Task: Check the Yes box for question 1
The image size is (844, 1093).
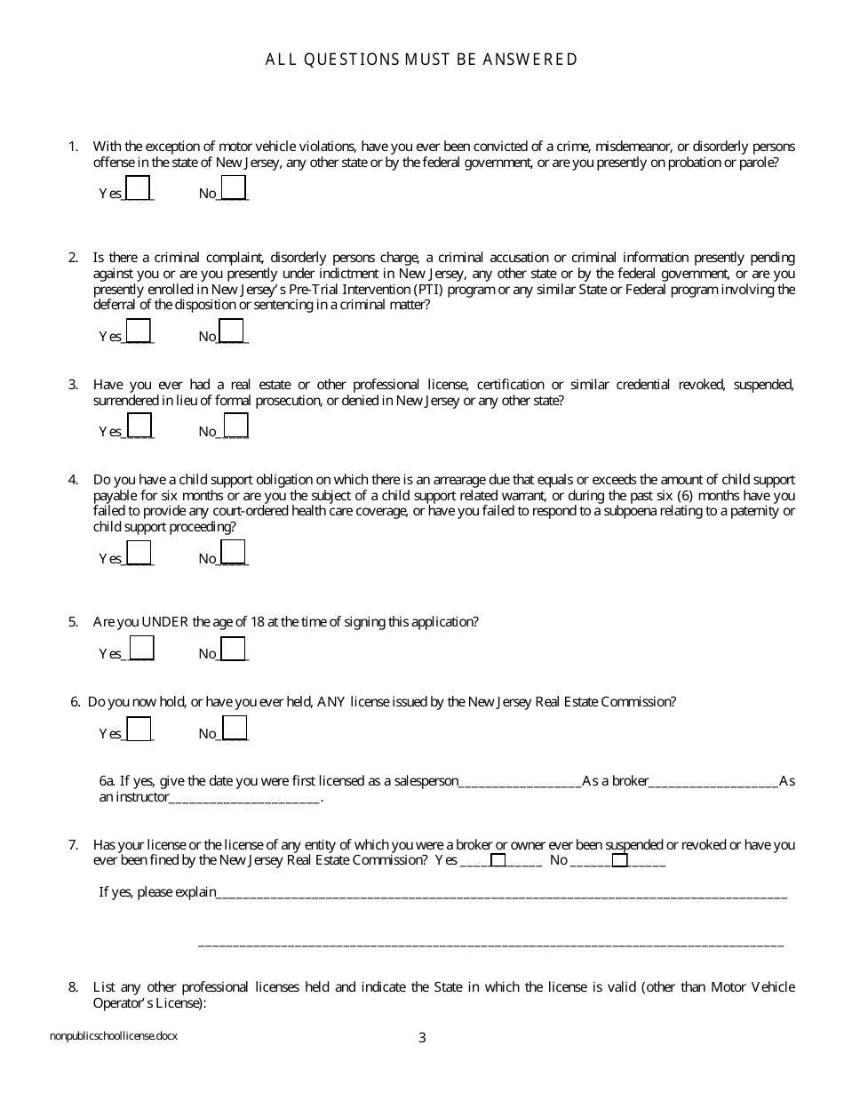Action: tap(139, 188)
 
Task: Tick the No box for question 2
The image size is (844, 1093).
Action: tap(232, 331)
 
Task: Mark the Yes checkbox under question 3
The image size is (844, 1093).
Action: tap(139, 426)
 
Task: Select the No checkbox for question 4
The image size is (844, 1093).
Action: tap(232, 553)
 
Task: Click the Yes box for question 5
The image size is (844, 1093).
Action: tap(141, 648)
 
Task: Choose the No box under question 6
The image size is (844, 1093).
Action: tap(235, 728)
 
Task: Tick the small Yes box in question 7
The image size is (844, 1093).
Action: tap(498, 859)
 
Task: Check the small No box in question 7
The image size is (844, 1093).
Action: tap(619, 859)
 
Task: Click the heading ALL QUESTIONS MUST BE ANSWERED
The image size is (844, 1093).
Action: tap(422, 60)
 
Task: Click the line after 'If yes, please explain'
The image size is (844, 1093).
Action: tap(502, 894)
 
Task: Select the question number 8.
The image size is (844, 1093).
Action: tap(73, 987)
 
